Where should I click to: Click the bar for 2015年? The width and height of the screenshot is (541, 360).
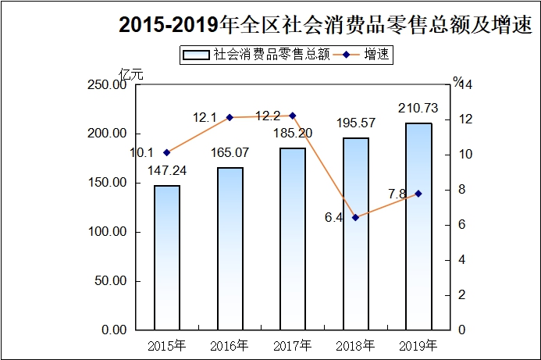(x=167, y=258)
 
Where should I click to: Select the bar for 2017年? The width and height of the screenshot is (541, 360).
(x=293, y=239)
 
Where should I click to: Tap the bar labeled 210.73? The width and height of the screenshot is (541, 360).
(x=418, y=226)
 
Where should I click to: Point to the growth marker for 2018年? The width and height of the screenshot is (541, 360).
(x=355, y=217)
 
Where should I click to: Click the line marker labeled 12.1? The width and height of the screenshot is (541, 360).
(x=230, y=117)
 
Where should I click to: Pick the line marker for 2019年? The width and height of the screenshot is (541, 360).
(x=418, y=193)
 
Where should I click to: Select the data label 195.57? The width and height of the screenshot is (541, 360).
(x=355, y=123)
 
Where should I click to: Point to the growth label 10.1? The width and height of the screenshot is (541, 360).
(x=142, y=153)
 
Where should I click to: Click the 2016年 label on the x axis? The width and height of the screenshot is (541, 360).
(x=230, y=344)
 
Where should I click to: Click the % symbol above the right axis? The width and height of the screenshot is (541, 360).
(x=458, y=80)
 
